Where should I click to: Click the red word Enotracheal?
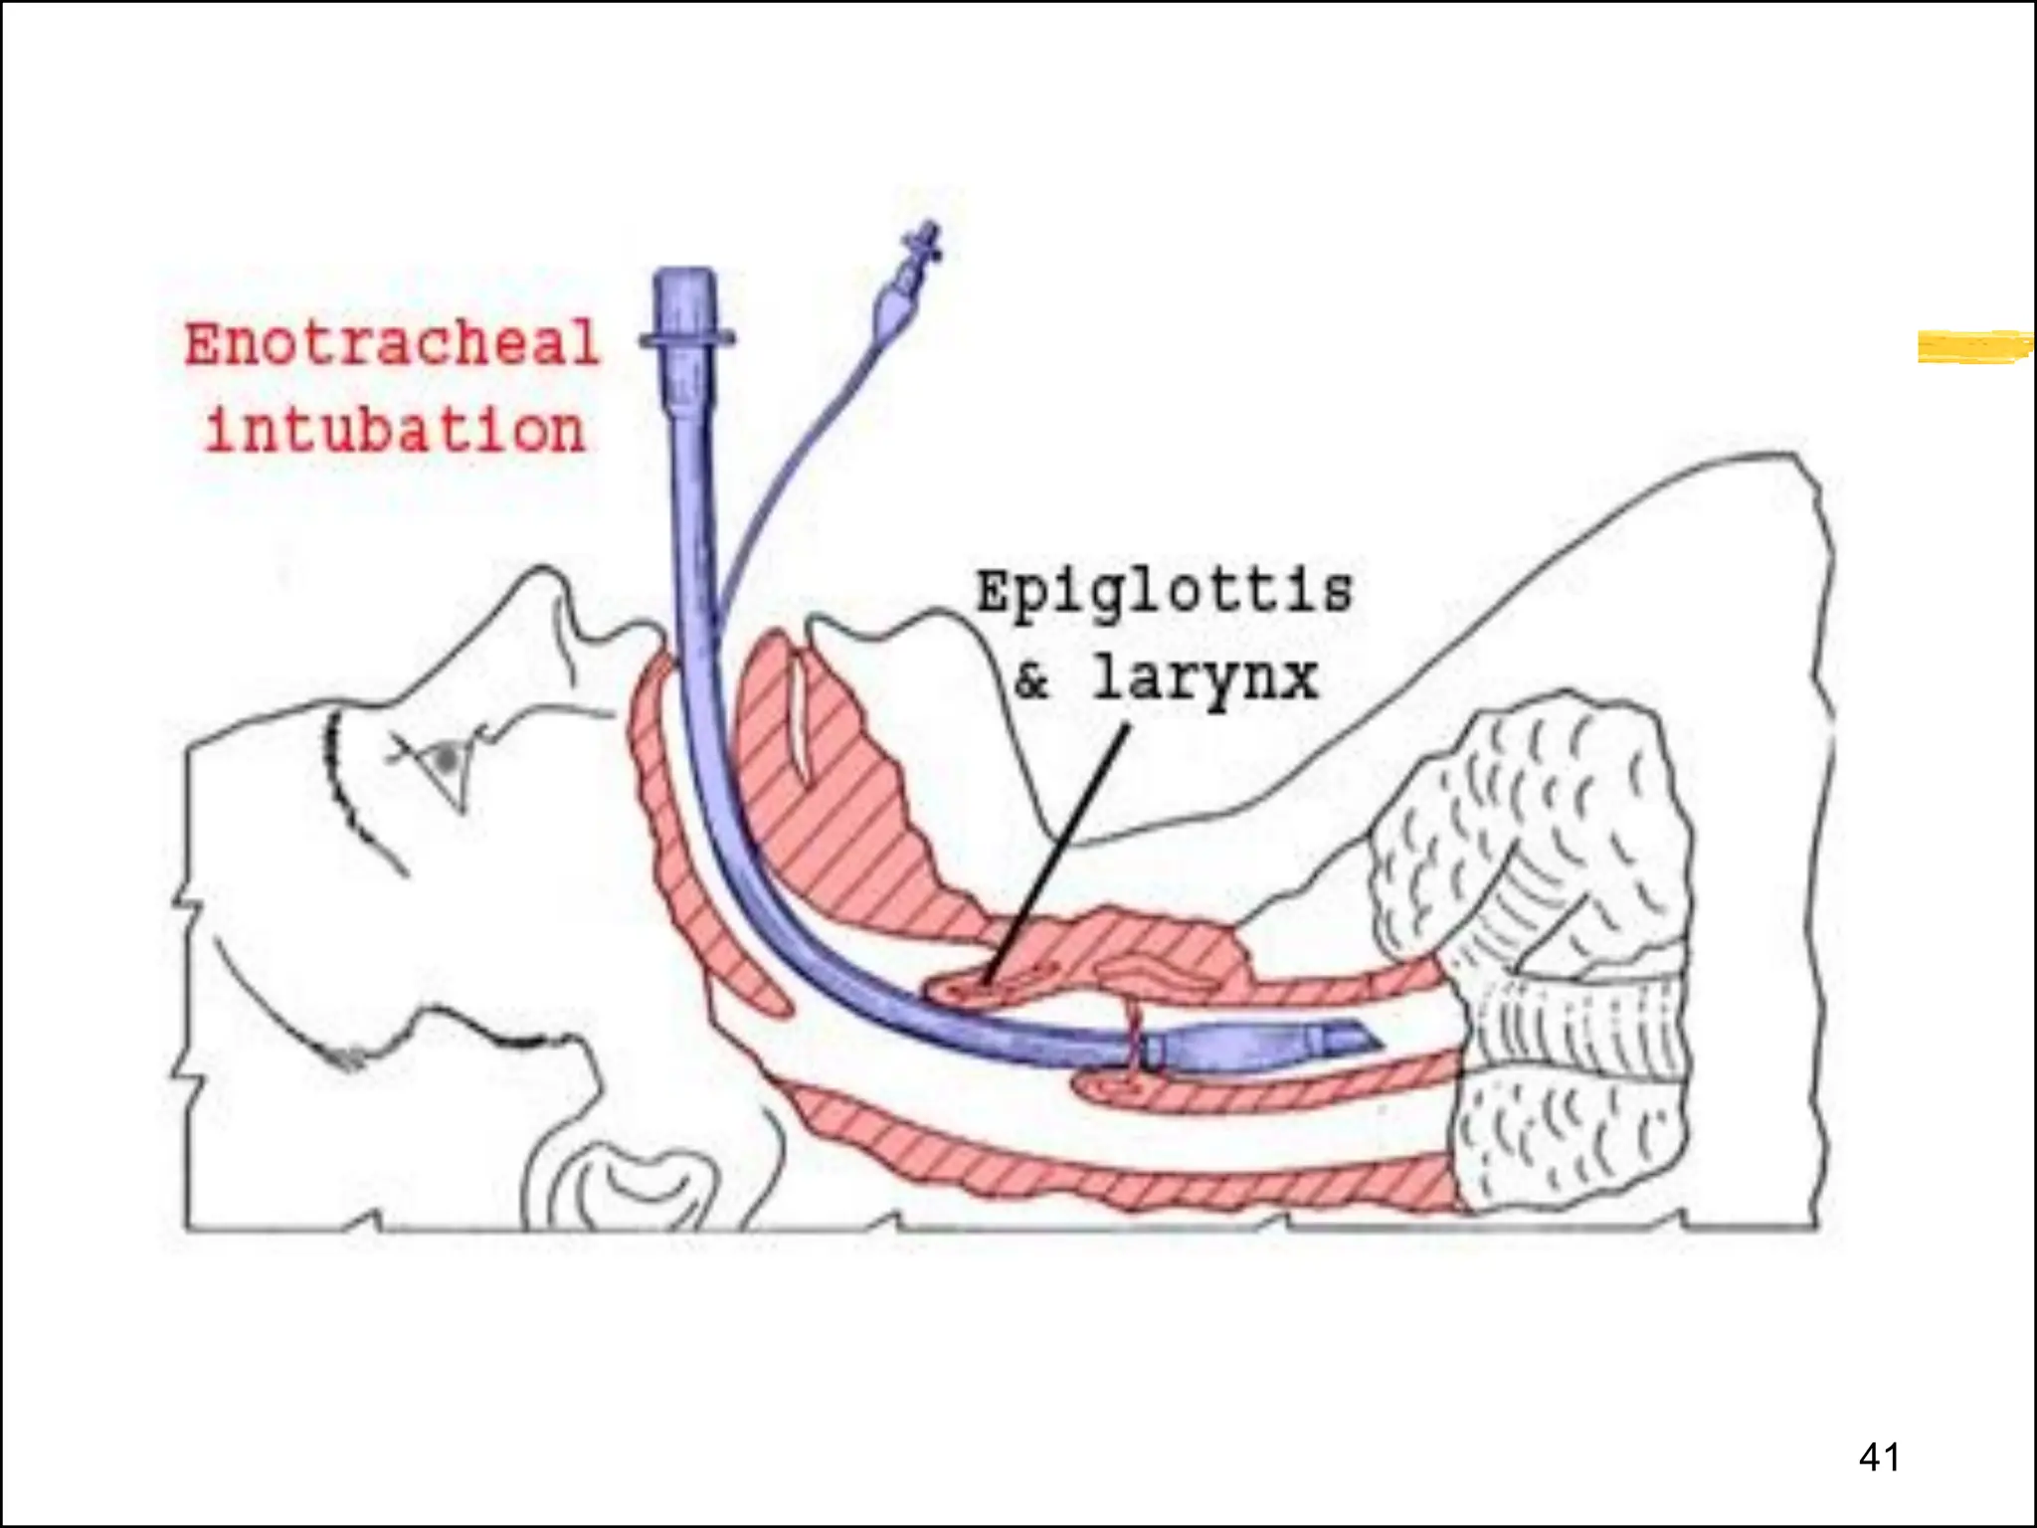(392, 344)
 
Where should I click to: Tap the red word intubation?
(395, 431)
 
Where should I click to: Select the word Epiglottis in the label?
(1164, 592)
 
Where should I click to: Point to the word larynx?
(1205, 680)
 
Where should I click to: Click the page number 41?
(1879, 1456)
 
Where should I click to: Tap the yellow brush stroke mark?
(1974, 346)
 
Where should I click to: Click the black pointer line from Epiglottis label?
(1059, 856)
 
